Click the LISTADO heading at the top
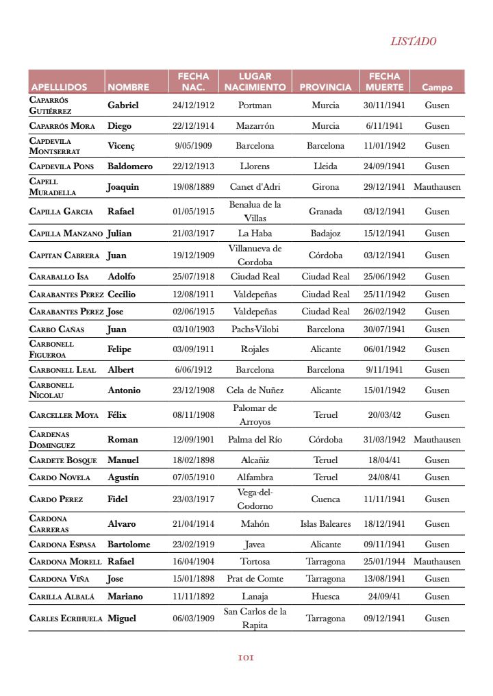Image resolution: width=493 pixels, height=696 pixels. click(x=413, y=41)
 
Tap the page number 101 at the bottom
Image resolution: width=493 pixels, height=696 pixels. click(x=246, y=658)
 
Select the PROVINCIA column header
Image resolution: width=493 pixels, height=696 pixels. click(x=325, y=88)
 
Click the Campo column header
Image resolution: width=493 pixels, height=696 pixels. click(x=437, y=88)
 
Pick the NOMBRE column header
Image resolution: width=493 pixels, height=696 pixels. click(x=128, y=88)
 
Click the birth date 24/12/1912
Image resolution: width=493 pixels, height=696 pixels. click(x=193, y=105)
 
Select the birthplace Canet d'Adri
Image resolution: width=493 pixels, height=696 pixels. click(x=255, y=187)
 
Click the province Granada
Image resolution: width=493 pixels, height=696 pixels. click(x=325, y=212)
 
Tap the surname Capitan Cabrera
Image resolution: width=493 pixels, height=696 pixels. click(x=64, y=256)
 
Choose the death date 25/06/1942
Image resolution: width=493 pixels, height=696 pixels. click(x=384, y=277)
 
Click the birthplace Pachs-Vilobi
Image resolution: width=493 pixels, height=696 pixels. click(x=255, y=330)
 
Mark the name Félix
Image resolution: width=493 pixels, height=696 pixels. click(x=117, y=415)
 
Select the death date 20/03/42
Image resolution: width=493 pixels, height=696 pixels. click(x=384, y=415)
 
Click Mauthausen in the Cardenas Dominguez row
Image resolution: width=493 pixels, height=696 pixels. click(x=437, y=440)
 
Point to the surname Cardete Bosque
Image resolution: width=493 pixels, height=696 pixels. click(x=63, y=460)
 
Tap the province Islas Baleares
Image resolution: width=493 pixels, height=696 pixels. click(x=325, y=524)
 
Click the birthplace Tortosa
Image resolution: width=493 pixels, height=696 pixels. click(x=255, y=562)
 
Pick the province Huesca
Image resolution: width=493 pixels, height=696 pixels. click(x=325, y=597)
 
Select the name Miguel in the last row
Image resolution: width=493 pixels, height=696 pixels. click(x=122, y=619)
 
